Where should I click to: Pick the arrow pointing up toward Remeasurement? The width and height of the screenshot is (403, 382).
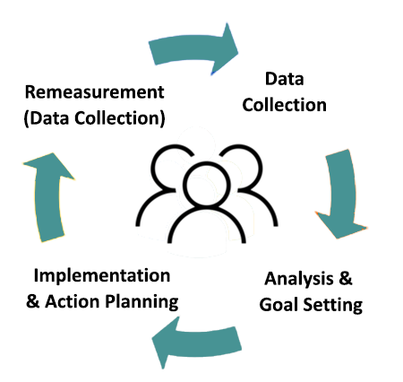(42, 194)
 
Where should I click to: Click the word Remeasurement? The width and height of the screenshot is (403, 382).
(95, 92)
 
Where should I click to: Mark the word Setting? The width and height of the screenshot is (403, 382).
(333, 304)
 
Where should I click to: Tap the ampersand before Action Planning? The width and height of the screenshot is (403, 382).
(33, 300)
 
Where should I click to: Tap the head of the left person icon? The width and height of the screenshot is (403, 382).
(170, 162)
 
